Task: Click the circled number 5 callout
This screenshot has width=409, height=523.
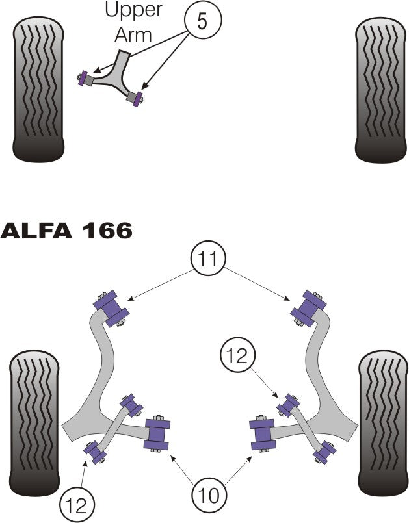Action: (x=202, y=21)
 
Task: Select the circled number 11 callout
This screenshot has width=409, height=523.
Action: (x=208, y=259)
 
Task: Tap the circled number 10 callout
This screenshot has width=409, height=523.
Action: (x=210, y=495)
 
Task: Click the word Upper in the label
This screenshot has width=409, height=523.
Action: (x=134, y=10)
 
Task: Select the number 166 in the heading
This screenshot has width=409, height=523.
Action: (x=107, y=231)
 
